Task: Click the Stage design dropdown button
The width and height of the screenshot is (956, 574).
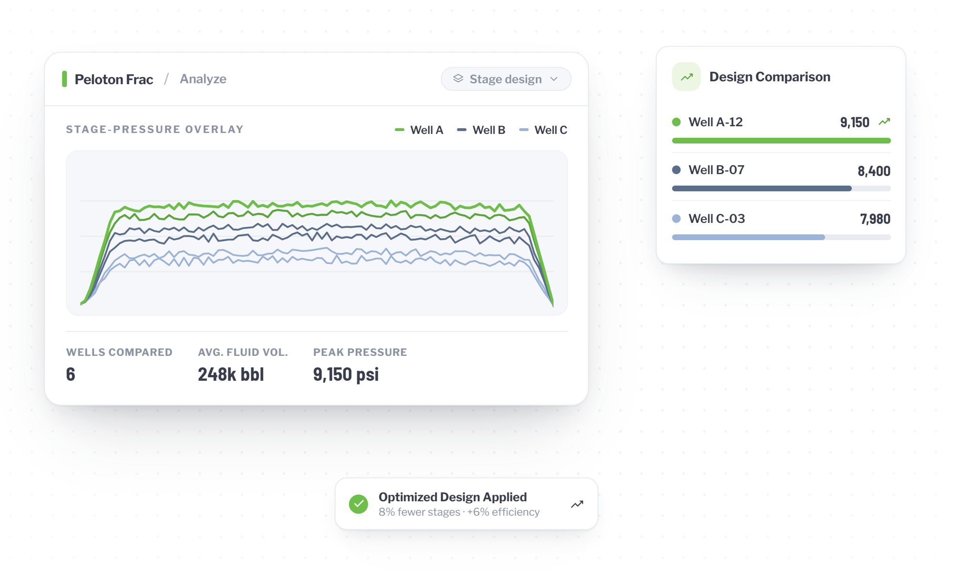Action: click(x=506, y=79)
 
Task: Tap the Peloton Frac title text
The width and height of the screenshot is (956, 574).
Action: click(x=114, y=79)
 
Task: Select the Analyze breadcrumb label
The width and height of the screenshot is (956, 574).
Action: click(x=203, y=79)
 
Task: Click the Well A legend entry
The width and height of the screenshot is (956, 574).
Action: click(x=419, y=130)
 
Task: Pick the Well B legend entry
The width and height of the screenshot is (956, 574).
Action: click(x=481, y=130)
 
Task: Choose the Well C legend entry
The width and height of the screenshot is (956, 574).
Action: click(x=543, y=130)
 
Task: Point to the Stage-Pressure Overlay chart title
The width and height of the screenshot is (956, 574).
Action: click(x=155, y=129)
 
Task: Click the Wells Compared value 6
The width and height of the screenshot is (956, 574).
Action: click(x=71, y=374)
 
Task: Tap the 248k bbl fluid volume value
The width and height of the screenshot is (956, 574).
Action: click(x=231, y=374)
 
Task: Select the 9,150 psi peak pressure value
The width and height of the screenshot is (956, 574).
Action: click(x=346, y=374)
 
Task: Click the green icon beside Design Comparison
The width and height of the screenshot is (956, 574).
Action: click(x=686, y=77)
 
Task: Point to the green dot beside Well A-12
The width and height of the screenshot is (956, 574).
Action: click(x=676, y=122)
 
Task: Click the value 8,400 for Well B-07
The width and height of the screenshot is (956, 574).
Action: click(x=874, y=171)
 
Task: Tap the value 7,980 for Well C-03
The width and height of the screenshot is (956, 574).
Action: click(x=875, y=219)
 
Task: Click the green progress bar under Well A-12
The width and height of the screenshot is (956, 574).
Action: click(x=782, y=141)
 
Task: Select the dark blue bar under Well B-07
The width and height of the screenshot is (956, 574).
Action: click(x=762, y=188)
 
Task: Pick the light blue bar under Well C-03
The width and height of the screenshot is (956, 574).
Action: click(x=749, y=237)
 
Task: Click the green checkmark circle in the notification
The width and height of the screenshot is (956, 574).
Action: click(x=358, y=504)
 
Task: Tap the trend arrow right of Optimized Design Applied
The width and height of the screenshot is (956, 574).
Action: click(x=577, y=504)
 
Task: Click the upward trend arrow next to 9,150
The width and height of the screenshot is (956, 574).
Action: click(x=884, y=122)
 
